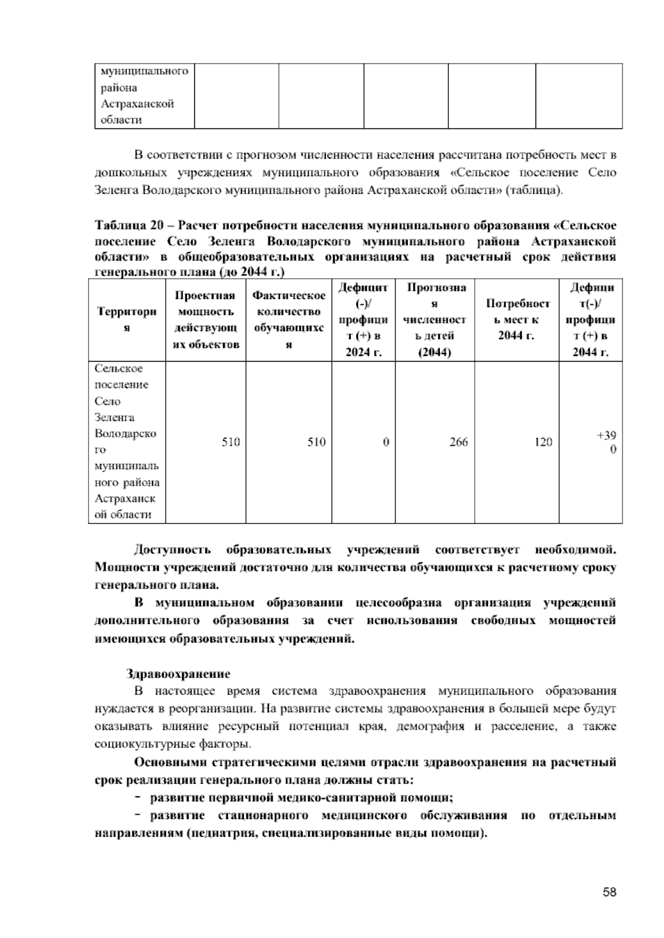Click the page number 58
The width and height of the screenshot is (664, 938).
tap(610, 892)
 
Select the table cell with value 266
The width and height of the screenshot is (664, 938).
tap(459, 442)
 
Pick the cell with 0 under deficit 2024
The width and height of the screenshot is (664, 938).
tap(386, 442)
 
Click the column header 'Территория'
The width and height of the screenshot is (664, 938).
tap(127, 320)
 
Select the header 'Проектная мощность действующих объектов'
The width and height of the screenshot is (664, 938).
tap(206, 320)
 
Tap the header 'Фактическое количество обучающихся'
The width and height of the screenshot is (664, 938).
tap(289, 320)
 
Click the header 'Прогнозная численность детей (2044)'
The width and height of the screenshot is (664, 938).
tap(435, 320)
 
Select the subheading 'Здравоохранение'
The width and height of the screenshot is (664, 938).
tap(178, 674)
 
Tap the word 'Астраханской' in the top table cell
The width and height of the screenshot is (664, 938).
tap(137, 104)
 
